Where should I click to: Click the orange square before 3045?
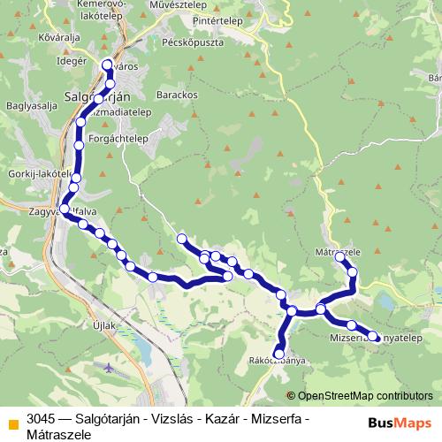tap(11, 418)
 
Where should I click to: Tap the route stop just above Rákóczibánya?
tap(279, 354)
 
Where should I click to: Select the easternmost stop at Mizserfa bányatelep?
tap(373, 336)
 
